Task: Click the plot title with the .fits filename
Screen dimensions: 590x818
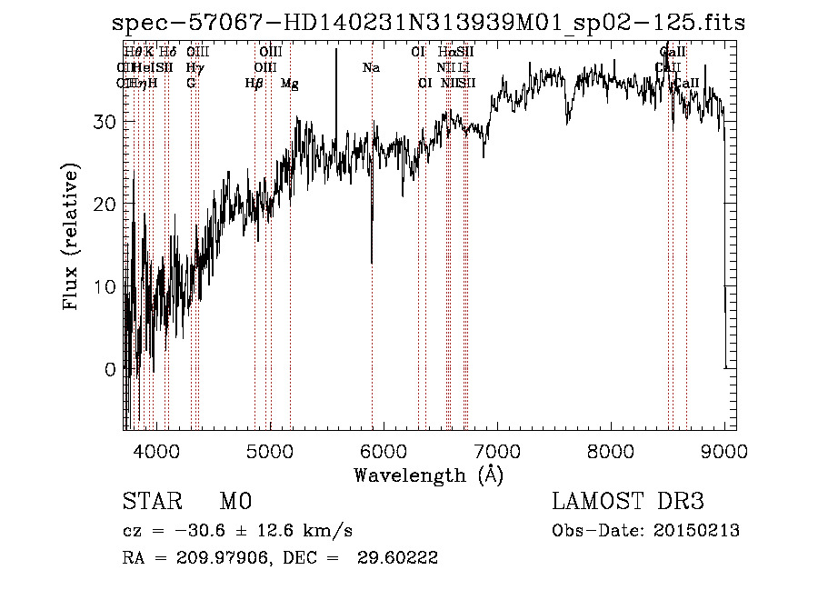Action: pos(428,23)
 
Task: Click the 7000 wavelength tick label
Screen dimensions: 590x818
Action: pos(496,450)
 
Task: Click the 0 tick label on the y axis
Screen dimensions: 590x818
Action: pos(110,369)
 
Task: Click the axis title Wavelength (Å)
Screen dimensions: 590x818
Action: pos(428,475)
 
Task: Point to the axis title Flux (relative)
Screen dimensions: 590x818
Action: pos(71,236)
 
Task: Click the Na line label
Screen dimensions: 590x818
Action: pos(371,67)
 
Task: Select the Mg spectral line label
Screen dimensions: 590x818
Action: pos(290,84)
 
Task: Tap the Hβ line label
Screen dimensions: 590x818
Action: pos(254,83)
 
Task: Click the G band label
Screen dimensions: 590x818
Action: pos(191,83)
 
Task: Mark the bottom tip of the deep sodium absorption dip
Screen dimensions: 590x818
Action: pos(372,264)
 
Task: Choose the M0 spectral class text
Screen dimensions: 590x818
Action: pos(235,502)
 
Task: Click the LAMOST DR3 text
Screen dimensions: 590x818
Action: pos(628,502)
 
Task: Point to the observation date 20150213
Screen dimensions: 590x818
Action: pos(699,531)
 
